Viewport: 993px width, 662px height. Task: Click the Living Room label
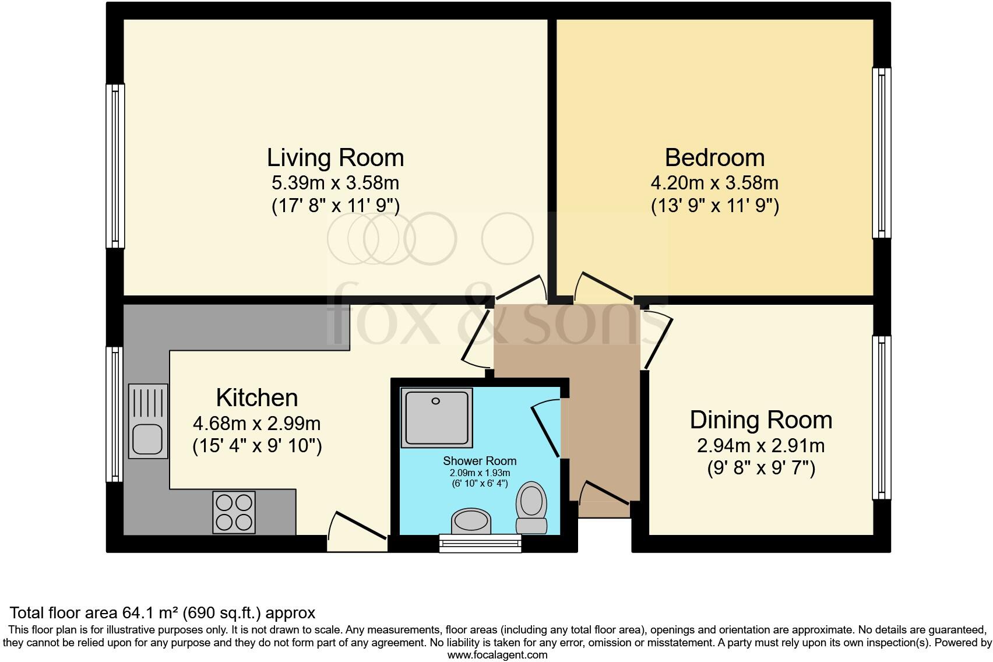pyautogui.click(x=335, y=158)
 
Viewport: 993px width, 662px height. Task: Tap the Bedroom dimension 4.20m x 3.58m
pyautogui.click(x=714, y=183)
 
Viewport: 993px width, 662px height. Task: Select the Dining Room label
pyautogui.click(x=760, y=420)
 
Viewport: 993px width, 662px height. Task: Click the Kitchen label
pyautogui.click(x=257, y=398)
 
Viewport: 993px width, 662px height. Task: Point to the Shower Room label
pyautogui.click(x=480, y=461)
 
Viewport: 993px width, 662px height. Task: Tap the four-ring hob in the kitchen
pyautogui.click(x=234, y=512)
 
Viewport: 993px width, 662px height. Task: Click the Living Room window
pyautogui.click(x=115, y=166)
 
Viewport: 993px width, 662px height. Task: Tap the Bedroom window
pyautogui.click(x=882, y=153)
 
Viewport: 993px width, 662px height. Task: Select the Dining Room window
pyautogui.click(x=882, y=417)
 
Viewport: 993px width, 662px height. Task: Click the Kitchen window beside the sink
pyautogui.click(x=115, y=414)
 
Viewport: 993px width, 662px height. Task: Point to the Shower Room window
pyautogui.click(x=480, y=543)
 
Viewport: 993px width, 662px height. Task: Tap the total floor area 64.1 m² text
pyautogui.click(x=163, y=613)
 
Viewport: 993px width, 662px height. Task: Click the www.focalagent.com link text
pyautogui.click(x=497, y=654)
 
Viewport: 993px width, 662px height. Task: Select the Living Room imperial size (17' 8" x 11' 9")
pyautogui.click(x=335, y=206)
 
